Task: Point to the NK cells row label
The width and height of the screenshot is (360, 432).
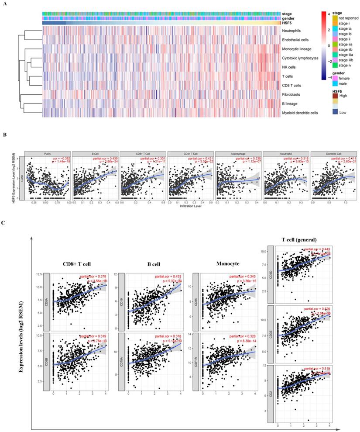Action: click(x=291, y=67)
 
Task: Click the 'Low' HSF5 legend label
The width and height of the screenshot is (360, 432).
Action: click(x=343, y=112)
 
